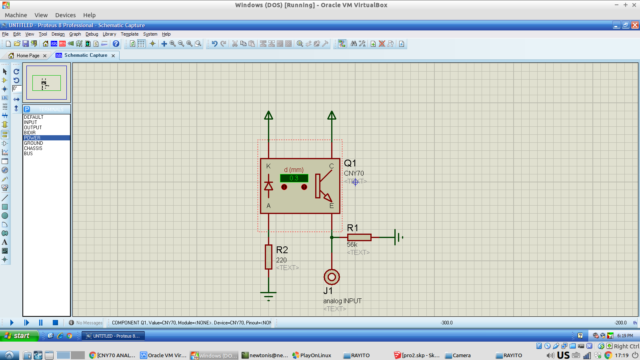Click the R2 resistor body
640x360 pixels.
click(268, 257)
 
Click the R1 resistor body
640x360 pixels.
click(359, 237)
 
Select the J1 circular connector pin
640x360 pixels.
click(332, 277)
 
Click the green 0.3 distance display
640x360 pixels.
click(294, 178)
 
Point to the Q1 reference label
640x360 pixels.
click(350, 163)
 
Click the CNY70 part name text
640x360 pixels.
click(354, 173)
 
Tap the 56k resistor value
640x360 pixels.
click(352, 244)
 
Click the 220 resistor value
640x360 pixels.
click(281, 260)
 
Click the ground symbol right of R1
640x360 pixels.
click(398, 237)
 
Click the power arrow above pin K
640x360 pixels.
click(268, 116)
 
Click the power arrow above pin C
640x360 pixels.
click(332, 116)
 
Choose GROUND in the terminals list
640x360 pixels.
click(34, 143)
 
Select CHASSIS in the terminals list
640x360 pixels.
click(33, 148)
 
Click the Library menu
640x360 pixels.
click(109, 34)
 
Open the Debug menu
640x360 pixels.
click(92, 34)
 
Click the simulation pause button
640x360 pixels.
click(41, 322)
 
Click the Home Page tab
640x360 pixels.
click(28, 56)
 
